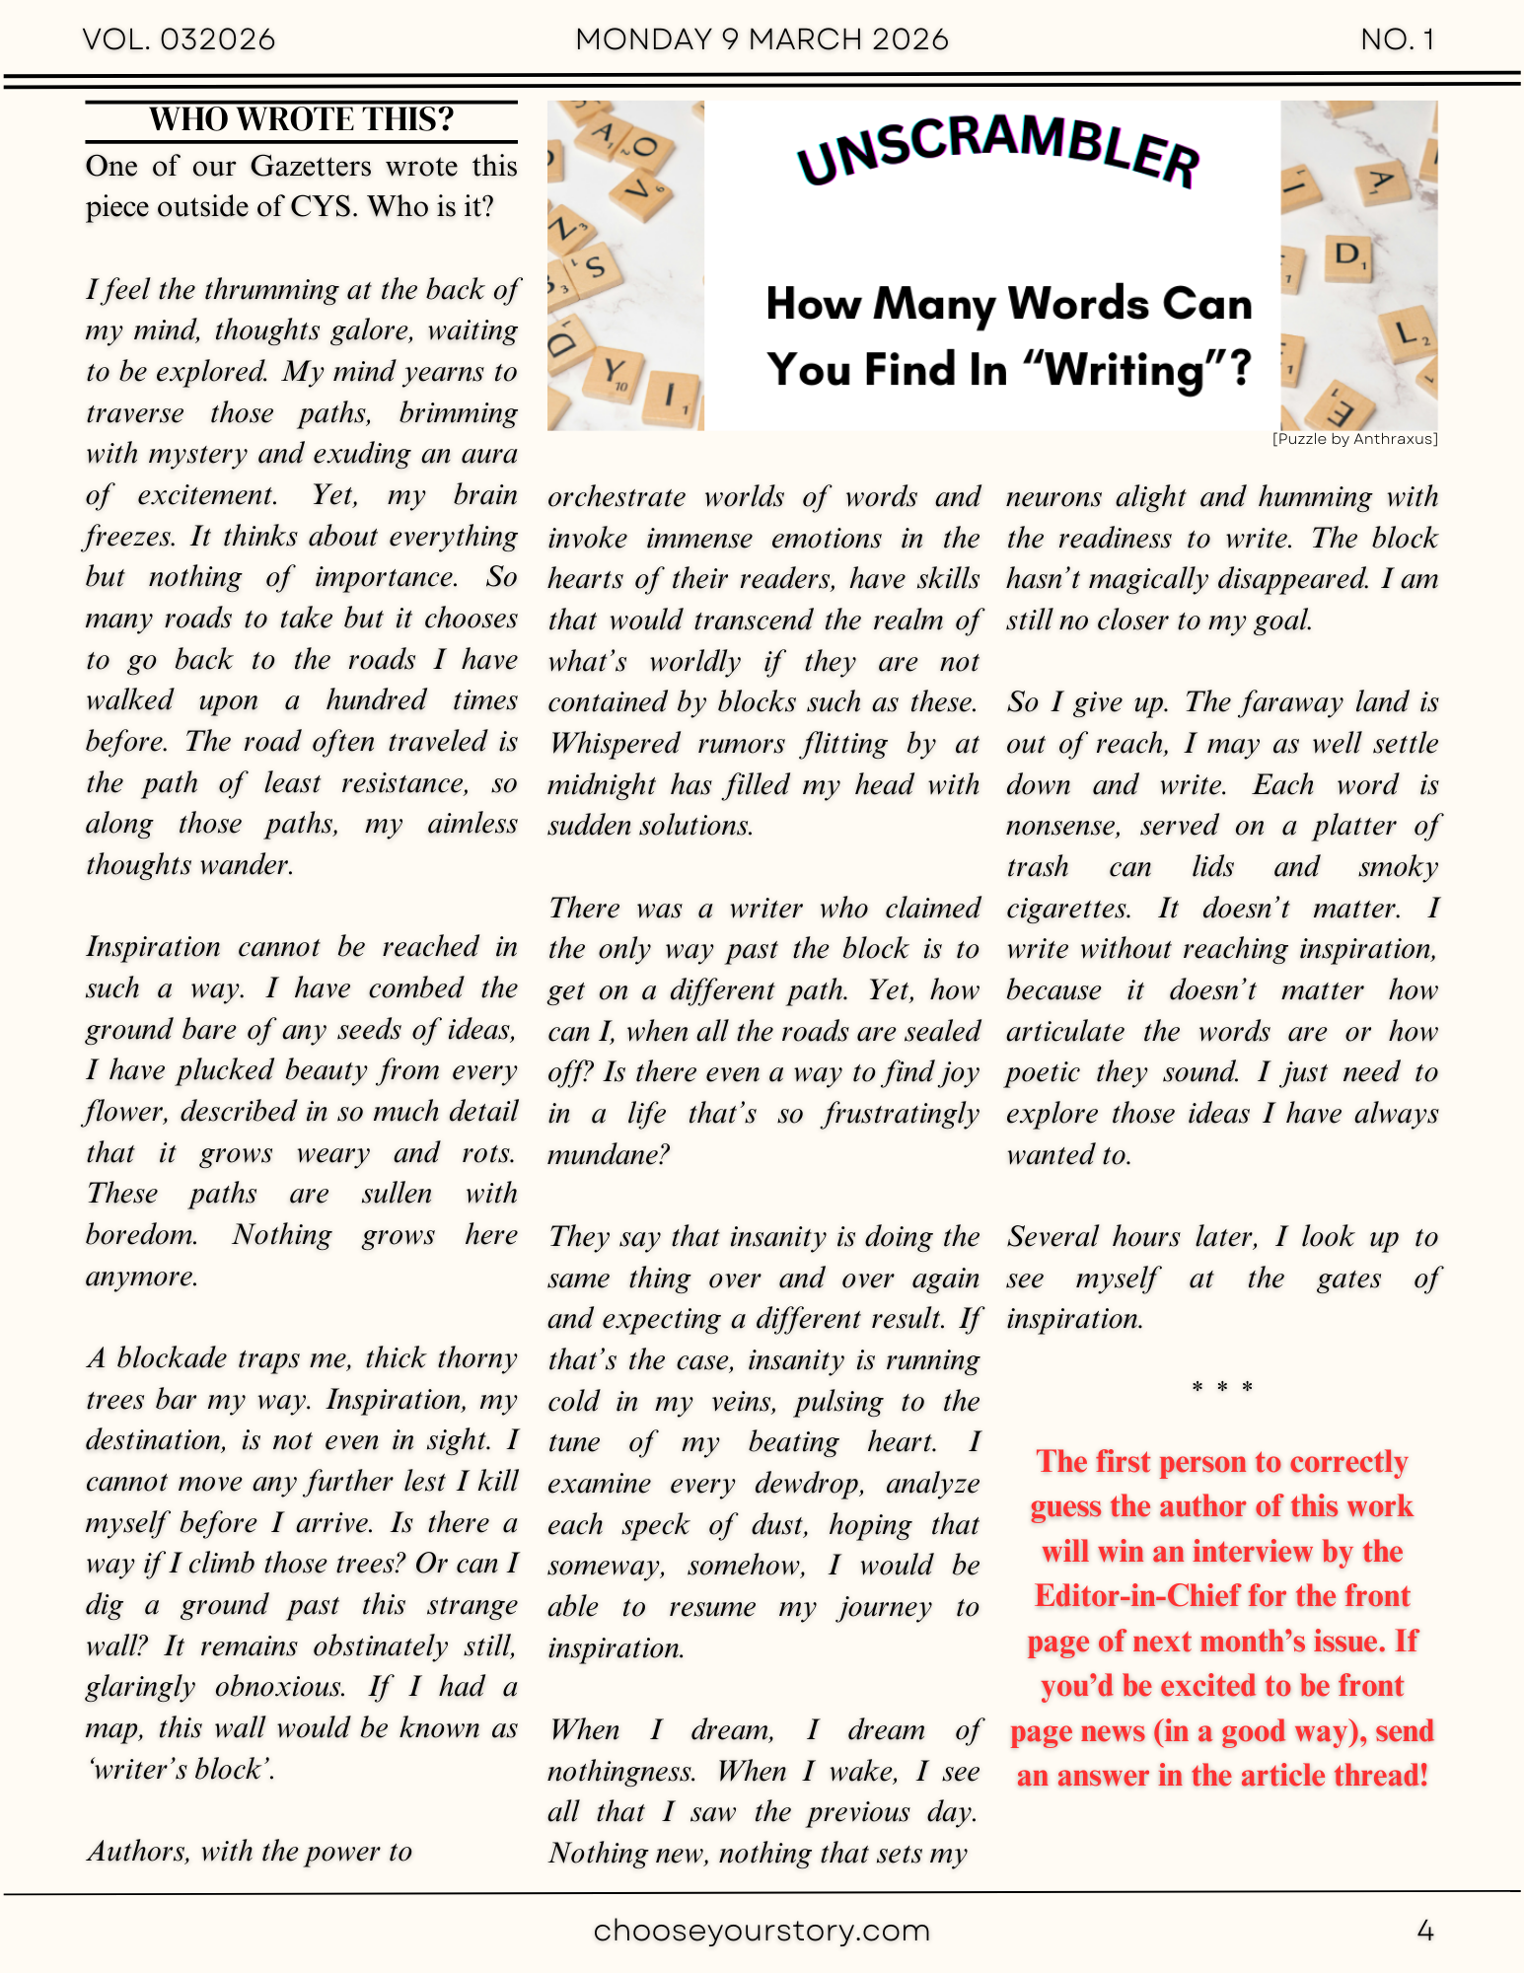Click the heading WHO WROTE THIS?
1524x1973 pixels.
301,119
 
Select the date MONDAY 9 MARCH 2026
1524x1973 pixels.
762,39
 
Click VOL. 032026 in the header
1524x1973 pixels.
179,39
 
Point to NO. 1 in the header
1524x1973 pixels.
1397,39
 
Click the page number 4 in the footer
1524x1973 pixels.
1424,1931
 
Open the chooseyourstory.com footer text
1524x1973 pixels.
762,1931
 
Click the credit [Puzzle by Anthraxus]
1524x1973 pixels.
1354,439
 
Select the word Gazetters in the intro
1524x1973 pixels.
311,166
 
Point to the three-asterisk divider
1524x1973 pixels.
1221,1388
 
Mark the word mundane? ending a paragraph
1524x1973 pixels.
609,1155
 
